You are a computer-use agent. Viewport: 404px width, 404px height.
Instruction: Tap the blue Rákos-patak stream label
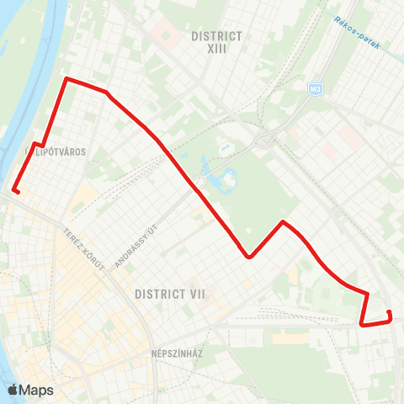pyautogui.click(x=357, y=32)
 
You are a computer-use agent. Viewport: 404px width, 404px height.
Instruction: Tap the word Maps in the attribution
pyautogui.click(x=36, y=390)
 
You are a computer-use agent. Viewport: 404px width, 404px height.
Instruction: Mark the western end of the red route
pyautogui.click(x=16, y=192)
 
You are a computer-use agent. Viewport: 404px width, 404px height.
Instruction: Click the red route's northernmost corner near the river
pyautogui.click(x=66, y=79)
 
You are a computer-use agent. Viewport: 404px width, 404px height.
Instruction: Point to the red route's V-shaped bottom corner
pyautogui.click(x=249, y=258)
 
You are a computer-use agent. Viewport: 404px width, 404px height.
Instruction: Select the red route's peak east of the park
pyautogui.click(x=284, y=221)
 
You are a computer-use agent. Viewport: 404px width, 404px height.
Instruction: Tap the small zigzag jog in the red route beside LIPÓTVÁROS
pyautogui.click(x=38, y=145)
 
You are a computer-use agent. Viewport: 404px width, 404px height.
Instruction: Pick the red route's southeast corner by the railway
pyautogui.click(x=361, y=324)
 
